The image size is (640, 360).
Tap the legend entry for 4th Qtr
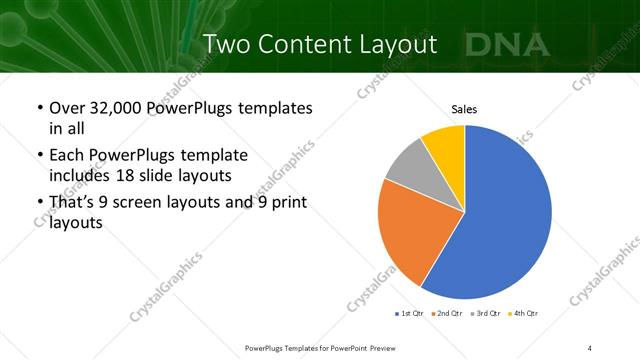pos(523,314)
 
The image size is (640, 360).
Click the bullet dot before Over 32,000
pos(39,108)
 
